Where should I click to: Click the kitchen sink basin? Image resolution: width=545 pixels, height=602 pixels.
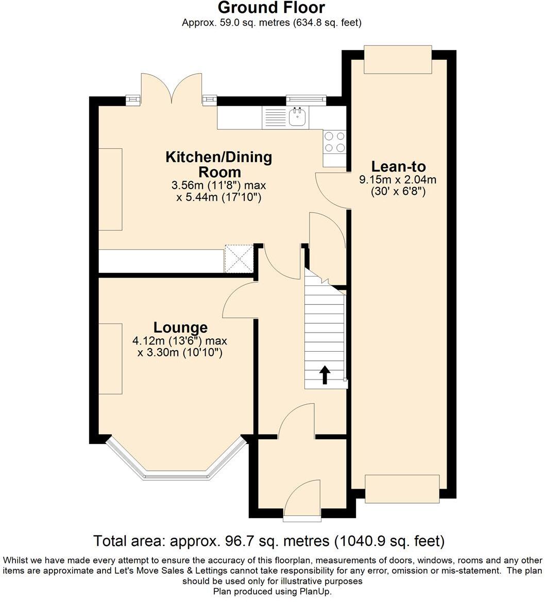coord(297,118)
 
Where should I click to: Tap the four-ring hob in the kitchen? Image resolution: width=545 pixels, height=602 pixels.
coord(334,142)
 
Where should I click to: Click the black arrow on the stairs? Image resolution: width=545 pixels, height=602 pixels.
coord(325,375)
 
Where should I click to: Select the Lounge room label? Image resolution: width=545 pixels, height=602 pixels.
coord(180,328)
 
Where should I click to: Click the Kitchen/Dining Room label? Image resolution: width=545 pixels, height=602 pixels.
coord(218,164)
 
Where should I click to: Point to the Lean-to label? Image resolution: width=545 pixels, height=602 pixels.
coord(399,167)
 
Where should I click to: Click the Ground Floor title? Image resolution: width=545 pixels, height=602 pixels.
coord(271,8)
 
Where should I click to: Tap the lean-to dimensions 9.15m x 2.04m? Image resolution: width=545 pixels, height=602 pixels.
coord(398,180)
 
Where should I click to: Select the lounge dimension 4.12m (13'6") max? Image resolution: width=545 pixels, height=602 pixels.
coord(179,341)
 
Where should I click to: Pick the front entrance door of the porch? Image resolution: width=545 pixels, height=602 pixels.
coord(302,498)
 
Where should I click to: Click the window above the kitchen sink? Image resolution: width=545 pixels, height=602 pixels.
coord(306,98)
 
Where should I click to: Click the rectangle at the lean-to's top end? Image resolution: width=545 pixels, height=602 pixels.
coord(397,59)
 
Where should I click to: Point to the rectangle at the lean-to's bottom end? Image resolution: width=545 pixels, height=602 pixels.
coord(402,488)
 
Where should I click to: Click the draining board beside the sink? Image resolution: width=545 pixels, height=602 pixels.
coord(275,118)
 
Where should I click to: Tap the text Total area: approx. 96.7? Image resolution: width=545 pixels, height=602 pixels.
coord(211,541)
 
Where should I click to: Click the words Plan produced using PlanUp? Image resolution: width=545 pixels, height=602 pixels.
coord(272,592)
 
